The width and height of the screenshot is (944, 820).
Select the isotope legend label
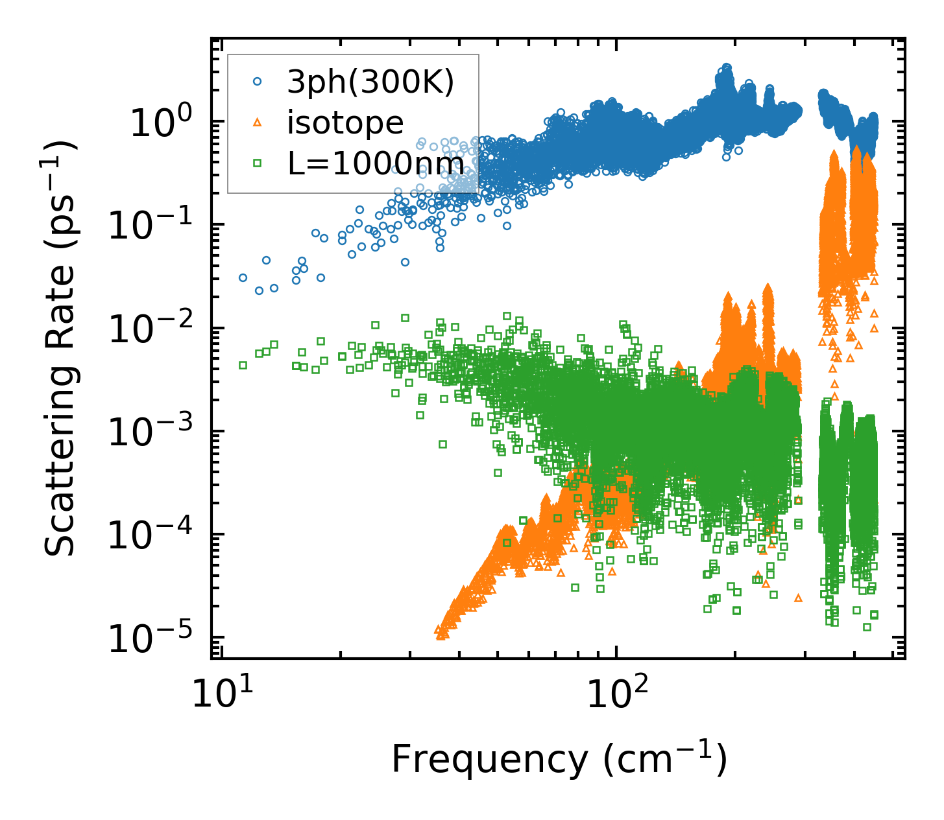click(x=345, y=122)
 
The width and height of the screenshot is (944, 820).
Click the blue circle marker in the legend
click(x=258, y=82)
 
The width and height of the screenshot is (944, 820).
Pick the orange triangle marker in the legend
click(x=258, y=123)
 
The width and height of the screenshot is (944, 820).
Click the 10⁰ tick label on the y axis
click(x=160, y=123)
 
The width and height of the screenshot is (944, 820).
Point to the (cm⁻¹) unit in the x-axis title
click(x=664, y=760)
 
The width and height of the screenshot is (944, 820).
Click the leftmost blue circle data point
click(x=243, y=277)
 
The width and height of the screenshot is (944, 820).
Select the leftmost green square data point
click(x=243, y=365)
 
